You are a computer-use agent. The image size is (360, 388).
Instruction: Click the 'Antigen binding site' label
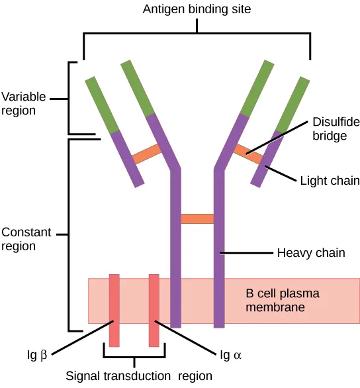[x=197, y=10]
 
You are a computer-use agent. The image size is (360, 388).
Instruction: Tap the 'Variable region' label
[x=24, y=104]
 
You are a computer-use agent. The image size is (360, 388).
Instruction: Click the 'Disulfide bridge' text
[x=330, y=130]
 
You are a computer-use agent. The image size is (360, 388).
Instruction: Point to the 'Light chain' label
[x=330, y=181]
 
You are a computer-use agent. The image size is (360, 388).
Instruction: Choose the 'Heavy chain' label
[x=311, y=253]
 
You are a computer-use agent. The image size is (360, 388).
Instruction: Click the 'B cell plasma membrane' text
[x=274, y=301]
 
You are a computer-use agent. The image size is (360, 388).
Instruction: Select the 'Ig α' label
[x=230, y=356]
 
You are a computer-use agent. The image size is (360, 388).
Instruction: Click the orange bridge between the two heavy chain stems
[x=197, y=218]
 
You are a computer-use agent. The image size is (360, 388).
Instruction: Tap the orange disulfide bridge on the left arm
[x=147, y=154]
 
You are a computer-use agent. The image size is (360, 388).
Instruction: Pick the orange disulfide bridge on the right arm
[x=247, y=154]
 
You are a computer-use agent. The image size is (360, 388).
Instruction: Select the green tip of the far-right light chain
[x=293, y=104]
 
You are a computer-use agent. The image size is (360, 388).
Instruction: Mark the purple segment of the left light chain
[x=127, y=159]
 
